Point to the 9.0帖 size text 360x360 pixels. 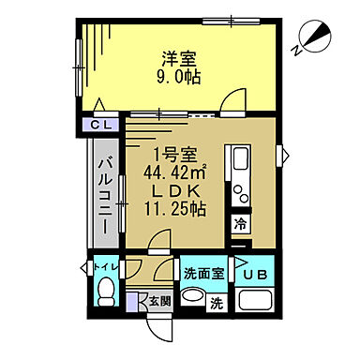pos(178,78)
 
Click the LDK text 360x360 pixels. pos(178,191)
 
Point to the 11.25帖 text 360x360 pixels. pos(178,210)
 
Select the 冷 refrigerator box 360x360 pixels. pos(241,225)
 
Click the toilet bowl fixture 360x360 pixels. pos(103,292)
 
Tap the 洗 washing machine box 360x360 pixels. pos(217,303)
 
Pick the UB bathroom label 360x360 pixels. pos(255,277)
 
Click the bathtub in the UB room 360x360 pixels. pos(255,302)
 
